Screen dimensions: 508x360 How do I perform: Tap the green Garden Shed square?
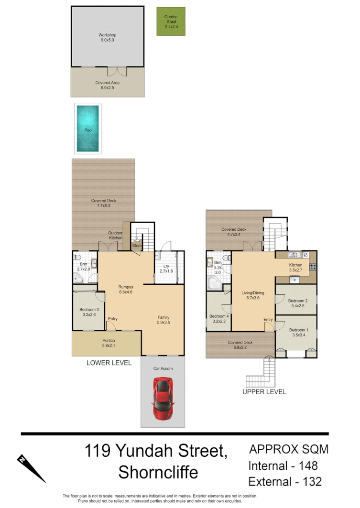pos(171,22)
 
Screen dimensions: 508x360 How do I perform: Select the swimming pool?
pos(88,128)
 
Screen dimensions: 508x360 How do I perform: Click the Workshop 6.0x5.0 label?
pos(108,38)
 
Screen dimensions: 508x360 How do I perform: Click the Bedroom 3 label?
pos(89,312)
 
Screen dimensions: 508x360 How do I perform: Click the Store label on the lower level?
pos(137,246)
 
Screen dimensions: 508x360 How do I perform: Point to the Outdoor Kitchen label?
pos(115,235)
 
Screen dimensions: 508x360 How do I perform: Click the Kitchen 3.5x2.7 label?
pos(295,268)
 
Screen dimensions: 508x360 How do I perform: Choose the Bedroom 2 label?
pos(297,303)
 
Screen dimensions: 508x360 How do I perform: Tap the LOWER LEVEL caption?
pos(109,363)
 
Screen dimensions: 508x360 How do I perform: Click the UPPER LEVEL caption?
pos(264,392)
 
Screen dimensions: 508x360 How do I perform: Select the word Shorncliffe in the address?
pos(158,473)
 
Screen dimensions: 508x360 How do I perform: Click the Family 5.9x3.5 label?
pos(164,320)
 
